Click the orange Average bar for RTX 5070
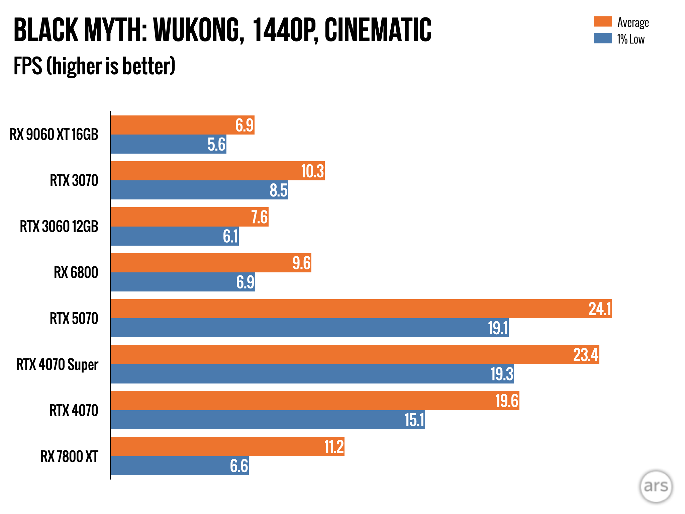tap(361, 309)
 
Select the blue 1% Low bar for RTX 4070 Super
tap(312, 374)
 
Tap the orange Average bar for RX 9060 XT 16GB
tap(182, 125)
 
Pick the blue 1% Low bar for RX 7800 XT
tap(180, 465)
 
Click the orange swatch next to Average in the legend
tap(603, 21)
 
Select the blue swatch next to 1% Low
tap(603, 38)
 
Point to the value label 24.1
tap(600, 309)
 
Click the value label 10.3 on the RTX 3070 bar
tap(312, 171)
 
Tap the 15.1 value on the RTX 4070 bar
tap(414, 420)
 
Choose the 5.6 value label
tap(216, 145)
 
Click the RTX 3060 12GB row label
tap(59, 227)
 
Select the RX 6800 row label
tap(76, 272)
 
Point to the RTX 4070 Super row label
tap(57, 364)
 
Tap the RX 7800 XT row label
tap(69, 456)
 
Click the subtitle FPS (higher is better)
tap(94, 66)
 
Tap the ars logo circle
tap(656, 486)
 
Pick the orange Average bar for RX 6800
tap(211, 263)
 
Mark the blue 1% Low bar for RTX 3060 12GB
tap(175, 236)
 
